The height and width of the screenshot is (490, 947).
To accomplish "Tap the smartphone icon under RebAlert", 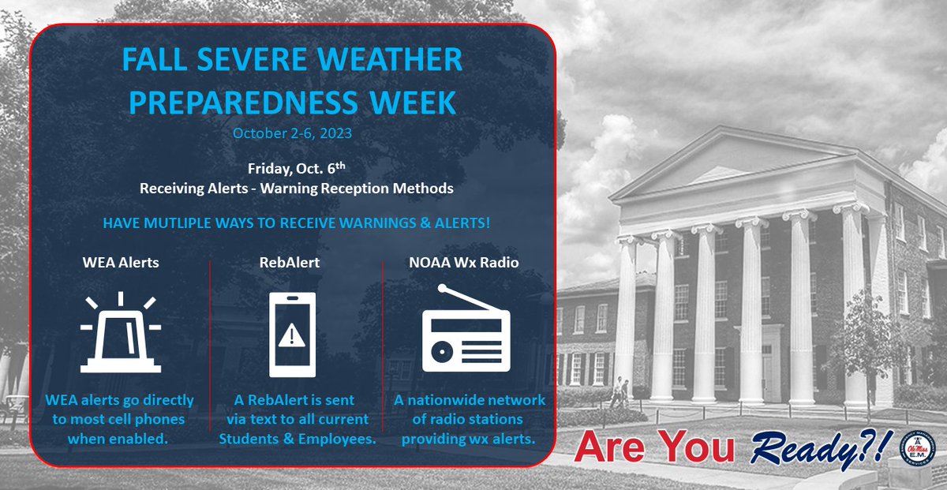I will tap(293, 335).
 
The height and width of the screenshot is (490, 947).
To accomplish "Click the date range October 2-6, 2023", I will tap(292, 133).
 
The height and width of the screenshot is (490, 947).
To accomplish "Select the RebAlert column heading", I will tap(293, 262).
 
